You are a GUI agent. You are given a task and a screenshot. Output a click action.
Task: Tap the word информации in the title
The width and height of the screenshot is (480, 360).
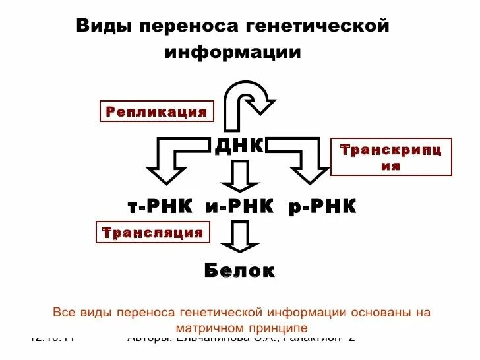233,52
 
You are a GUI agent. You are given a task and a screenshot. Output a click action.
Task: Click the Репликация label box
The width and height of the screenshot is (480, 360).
157,111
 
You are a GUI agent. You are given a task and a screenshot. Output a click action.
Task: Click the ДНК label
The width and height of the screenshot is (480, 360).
239,146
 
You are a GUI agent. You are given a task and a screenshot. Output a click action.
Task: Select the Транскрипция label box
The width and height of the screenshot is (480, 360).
391,157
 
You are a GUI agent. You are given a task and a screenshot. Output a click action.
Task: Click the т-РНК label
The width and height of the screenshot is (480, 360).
160,207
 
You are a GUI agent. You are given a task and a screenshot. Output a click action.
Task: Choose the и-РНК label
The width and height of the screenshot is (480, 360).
239,207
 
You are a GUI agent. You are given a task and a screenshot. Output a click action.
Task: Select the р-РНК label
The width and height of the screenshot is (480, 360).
322,207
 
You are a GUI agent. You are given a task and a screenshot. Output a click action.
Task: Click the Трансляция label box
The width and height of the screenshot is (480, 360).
153,233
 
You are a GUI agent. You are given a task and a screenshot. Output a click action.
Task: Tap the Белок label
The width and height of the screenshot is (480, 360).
239,270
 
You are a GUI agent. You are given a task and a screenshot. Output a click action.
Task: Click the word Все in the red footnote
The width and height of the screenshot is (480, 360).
64,312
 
